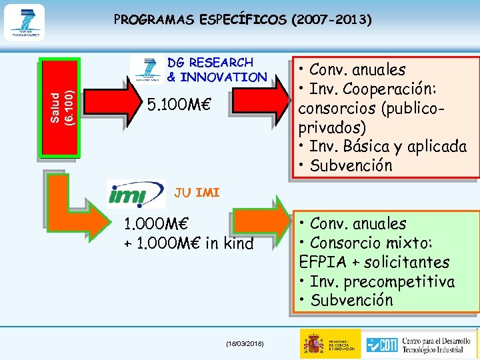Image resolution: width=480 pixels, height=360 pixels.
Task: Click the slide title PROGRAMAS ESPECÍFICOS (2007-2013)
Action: click(x=243, y=19)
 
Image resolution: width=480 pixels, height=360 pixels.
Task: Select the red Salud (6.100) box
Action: click(x=61, y=108)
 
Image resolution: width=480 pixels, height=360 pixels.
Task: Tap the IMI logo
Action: click(x=136, y=194)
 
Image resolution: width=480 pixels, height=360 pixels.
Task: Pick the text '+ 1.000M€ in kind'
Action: click(x=189, y=244)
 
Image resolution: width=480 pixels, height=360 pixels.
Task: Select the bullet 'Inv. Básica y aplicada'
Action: click(x=383, y=146)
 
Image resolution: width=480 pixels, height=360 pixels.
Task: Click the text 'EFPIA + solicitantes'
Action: click(x=374, y=262)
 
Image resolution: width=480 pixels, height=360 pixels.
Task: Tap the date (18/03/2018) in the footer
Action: click(x=245, y=343)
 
